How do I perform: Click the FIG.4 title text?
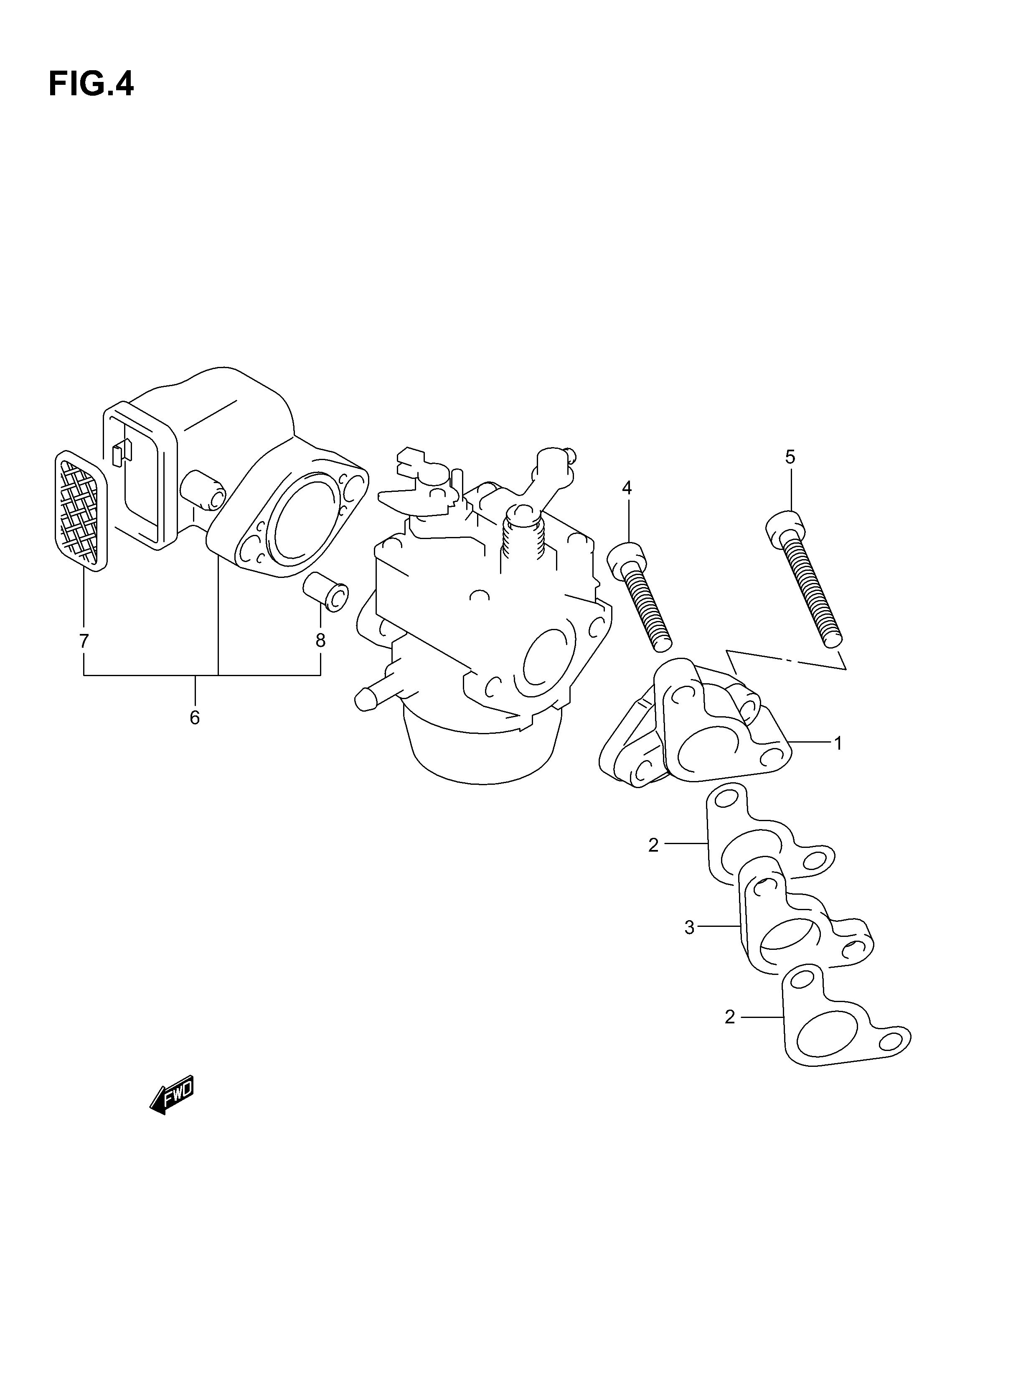pyautogui.click(x=91, y=84)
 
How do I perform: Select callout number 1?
pyautogui.click(x=838, y=743)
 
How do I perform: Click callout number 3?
pyautogui.click(x=689, y=946)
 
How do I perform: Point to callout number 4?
pyautogui.click(x=627, y=488)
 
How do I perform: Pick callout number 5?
pyautogui.click(x=790, y=457)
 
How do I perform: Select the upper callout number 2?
pyautogui.click(x=653, y=845)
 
